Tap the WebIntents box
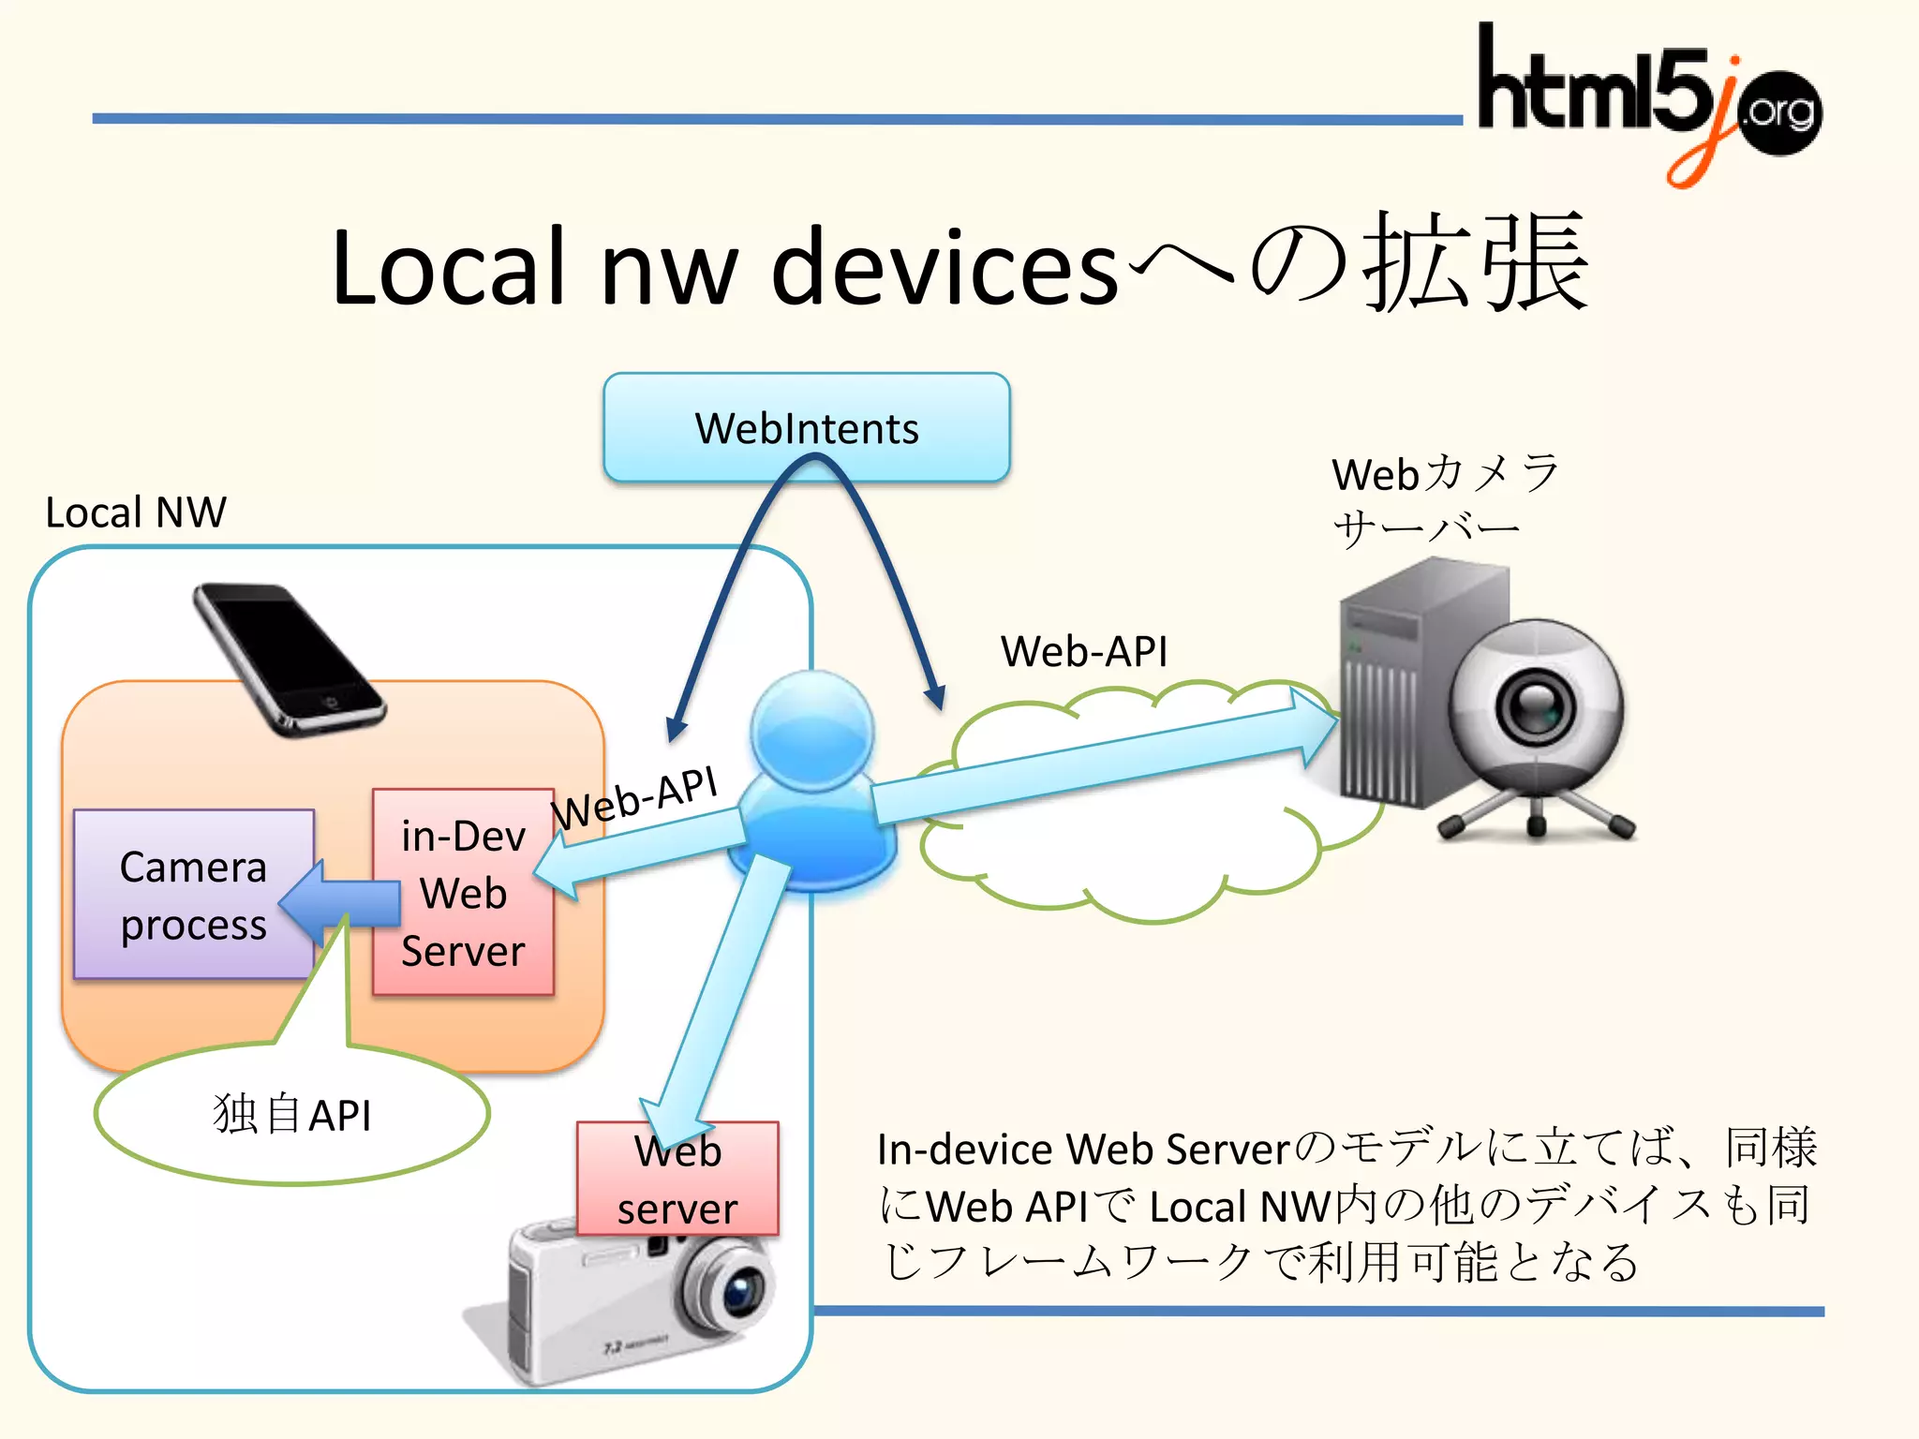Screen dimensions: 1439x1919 coord(806,427)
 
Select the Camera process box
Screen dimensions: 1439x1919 coord(193,895)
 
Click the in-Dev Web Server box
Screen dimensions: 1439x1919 coord(463,892)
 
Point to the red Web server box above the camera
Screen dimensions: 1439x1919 coord(677,1179)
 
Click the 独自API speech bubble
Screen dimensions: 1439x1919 coord(292,1115)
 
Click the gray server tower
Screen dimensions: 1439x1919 coord(1396,684)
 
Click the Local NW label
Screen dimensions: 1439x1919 coord(136,512)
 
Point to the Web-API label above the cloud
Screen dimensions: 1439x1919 coord(1084,651)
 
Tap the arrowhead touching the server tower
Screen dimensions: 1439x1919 coord(1316,727)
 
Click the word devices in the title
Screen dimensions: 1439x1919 coord(945,269)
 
